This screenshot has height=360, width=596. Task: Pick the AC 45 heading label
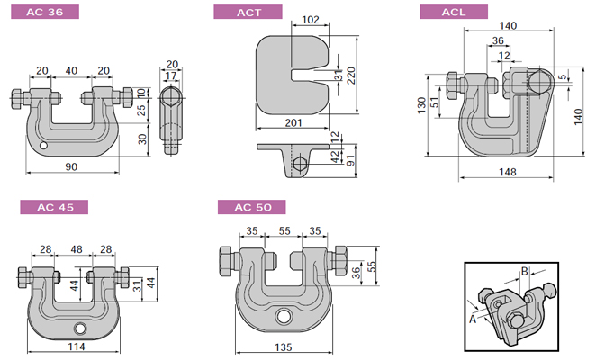(56, 207)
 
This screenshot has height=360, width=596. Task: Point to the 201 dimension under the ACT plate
(293, 122)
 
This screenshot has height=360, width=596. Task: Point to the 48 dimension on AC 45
(76, 249)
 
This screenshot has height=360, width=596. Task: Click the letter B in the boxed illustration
(524, 269)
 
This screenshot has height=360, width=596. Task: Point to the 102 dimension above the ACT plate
(310, 19)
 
